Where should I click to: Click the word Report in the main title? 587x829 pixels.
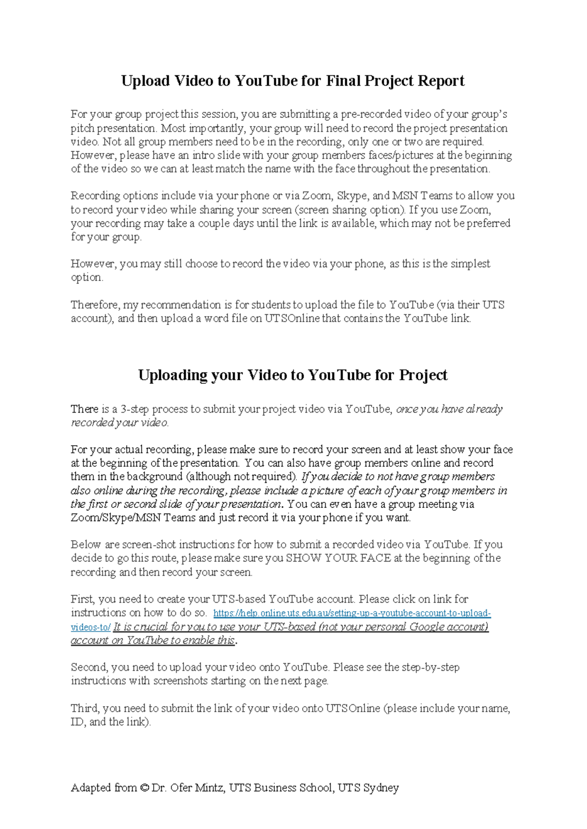coord(441,81)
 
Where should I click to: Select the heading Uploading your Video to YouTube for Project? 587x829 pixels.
coord(293,375)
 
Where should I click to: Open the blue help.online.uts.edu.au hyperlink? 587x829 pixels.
coord(352,613)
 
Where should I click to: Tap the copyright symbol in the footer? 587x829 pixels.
coord(144,788)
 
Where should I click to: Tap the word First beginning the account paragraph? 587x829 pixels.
coord(83,599)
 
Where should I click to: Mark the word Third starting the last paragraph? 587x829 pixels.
coord(84,708)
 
